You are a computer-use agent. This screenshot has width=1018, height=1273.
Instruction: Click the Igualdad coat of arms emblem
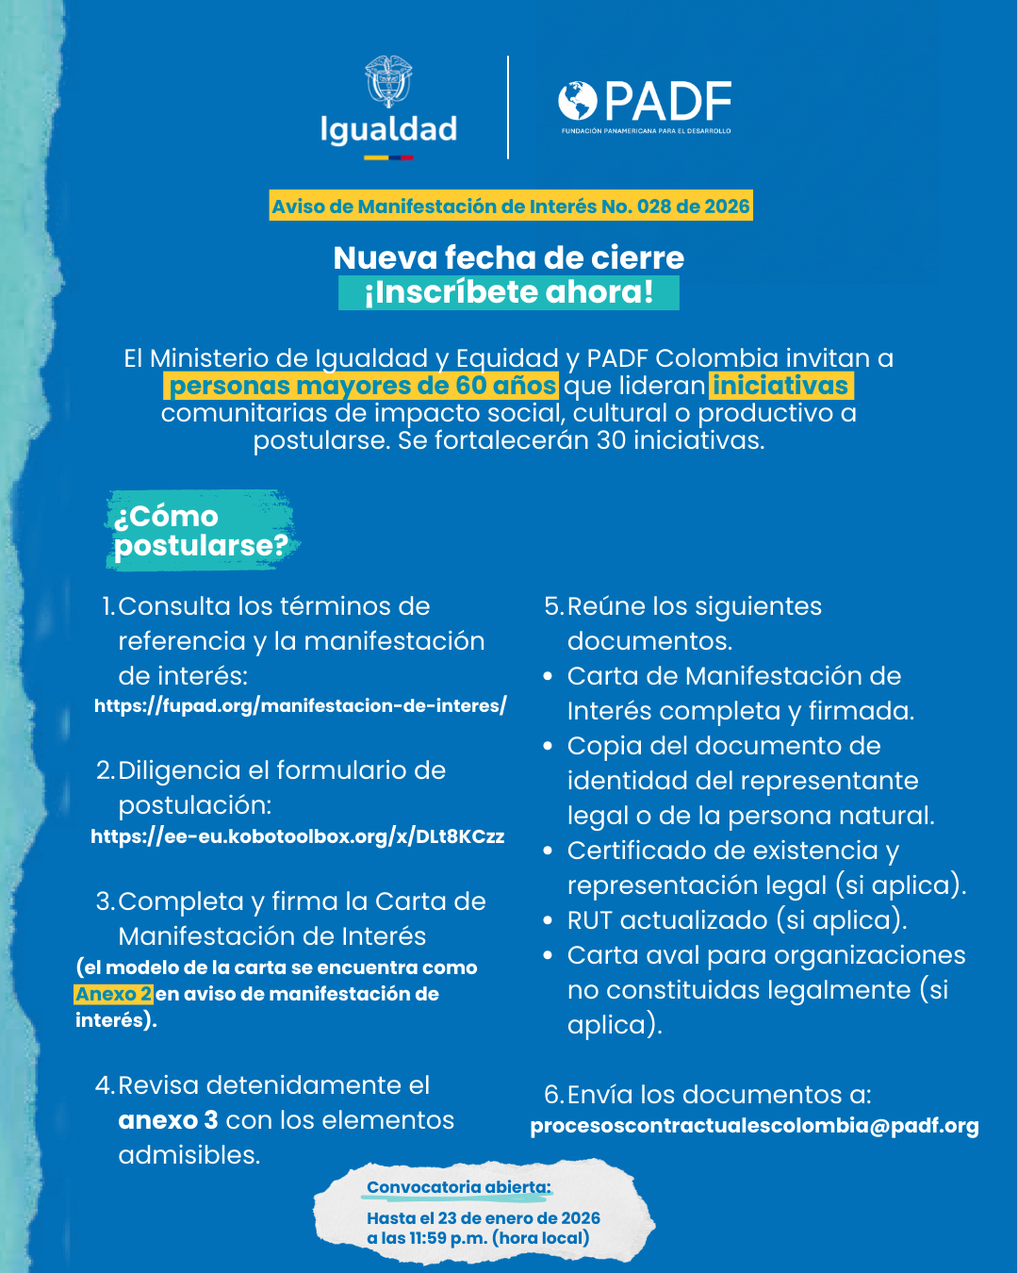388,82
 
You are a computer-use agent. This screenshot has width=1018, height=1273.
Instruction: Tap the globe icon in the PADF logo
578,101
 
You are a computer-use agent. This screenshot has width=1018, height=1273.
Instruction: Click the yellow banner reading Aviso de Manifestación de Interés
511,207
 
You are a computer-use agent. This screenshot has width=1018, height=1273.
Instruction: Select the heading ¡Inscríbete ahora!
509,292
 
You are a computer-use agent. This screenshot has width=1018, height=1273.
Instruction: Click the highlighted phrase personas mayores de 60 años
363,386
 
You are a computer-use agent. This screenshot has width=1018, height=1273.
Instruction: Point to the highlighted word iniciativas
780,386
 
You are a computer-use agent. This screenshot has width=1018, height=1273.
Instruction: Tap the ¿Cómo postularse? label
200,530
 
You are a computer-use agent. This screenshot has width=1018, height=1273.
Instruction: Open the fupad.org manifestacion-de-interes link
301,705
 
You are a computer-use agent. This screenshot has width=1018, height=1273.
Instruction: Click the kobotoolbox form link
298,836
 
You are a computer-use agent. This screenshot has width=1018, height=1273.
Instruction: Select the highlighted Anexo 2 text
113,994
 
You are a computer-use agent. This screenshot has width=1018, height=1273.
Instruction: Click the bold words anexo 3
168,1120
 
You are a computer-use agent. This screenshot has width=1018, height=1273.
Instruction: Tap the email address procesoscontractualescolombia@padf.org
754,1126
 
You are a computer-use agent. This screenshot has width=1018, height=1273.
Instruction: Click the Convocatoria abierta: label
459,1187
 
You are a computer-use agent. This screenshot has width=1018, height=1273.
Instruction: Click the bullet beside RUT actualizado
548,920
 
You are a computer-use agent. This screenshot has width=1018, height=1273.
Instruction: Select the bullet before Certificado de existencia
548,851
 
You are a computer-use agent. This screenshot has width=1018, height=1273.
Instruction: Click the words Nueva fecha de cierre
509,257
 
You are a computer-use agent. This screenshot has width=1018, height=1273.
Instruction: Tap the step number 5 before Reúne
553,606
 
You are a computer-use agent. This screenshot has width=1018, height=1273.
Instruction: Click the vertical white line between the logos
508,107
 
